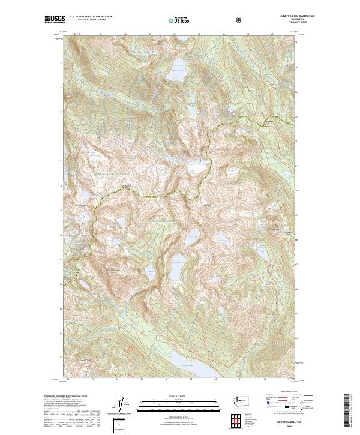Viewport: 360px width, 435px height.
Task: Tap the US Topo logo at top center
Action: tap(181, 20)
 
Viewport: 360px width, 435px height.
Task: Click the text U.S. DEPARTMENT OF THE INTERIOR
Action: tap(91, 17)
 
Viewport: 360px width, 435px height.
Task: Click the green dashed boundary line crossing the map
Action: tap(150, 196)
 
